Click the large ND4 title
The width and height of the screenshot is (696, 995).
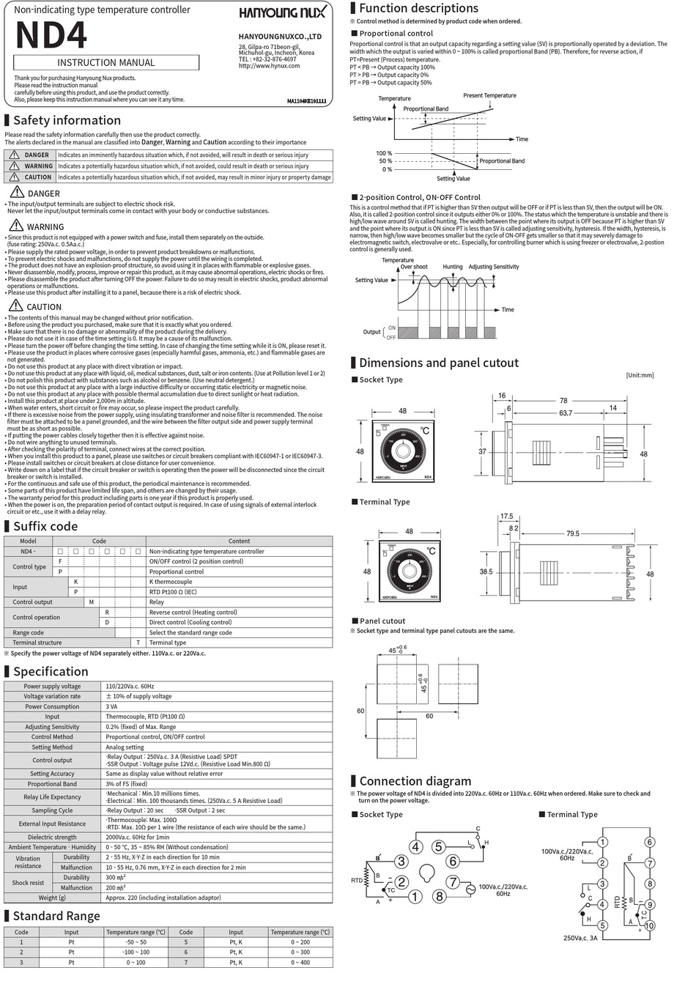(51, 35)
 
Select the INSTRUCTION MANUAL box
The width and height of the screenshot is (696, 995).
(106, 63)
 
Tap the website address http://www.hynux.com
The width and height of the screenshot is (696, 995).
(269, 66)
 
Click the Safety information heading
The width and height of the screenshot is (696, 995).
(67, 120)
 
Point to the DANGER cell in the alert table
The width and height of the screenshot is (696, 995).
(37, 155)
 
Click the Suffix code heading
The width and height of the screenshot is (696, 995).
(45, 526)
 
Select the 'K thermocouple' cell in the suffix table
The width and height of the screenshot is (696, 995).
(171, 582)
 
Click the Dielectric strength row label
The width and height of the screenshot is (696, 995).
(52, 837)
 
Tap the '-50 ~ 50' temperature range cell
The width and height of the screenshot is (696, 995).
(136, 942)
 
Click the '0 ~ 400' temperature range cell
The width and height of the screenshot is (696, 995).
(300, 963)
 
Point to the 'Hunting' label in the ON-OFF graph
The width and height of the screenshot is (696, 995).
(452, 267)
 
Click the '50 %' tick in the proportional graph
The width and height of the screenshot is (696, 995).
(385, 161)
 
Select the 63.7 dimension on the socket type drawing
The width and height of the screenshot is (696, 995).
(566, 413)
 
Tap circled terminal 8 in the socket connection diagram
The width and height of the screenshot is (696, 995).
(439, 895)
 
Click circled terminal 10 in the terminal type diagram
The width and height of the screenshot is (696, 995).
(649, 925)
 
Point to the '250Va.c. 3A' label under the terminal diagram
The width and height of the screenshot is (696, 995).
(580, 938)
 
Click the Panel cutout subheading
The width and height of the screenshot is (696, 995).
(382, 621)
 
